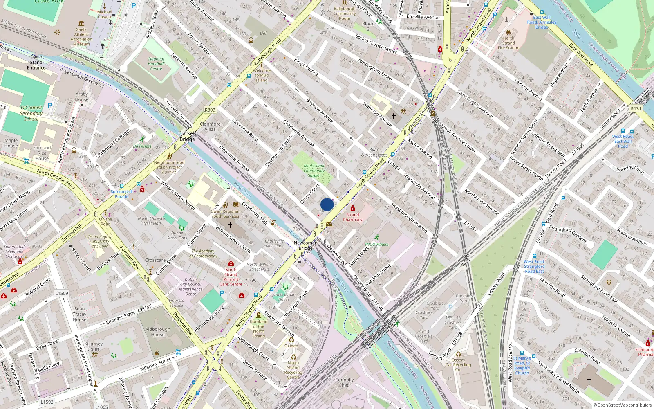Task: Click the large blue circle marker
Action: click(x=327, y=204)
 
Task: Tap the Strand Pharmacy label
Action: click(x=352, y=217)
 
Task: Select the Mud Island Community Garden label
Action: click(x=314, y=171)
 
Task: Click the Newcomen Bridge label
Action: click(x=305, y=245)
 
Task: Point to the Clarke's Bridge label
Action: click(x=187, y=136)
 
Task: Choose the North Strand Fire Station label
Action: click(x=508, y=43)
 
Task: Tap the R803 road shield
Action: click(x=210, y=110)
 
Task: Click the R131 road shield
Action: click(x=636, y=108)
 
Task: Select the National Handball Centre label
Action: click(x=156, y=64)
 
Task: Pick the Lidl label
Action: click(x=263, y=34)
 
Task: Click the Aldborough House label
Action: click(x=158, y=332)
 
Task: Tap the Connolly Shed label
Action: click(x=344, y=382)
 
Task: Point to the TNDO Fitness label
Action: click(x=376, y=244)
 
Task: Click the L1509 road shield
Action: click(x=62, y=293)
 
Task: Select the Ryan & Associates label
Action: click(x=374, y=152)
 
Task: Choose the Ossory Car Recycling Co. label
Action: click(x=458, y=365)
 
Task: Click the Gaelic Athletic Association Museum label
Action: click(x=81, y=37)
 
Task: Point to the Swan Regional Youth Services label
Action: click(x=225, y=214)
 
